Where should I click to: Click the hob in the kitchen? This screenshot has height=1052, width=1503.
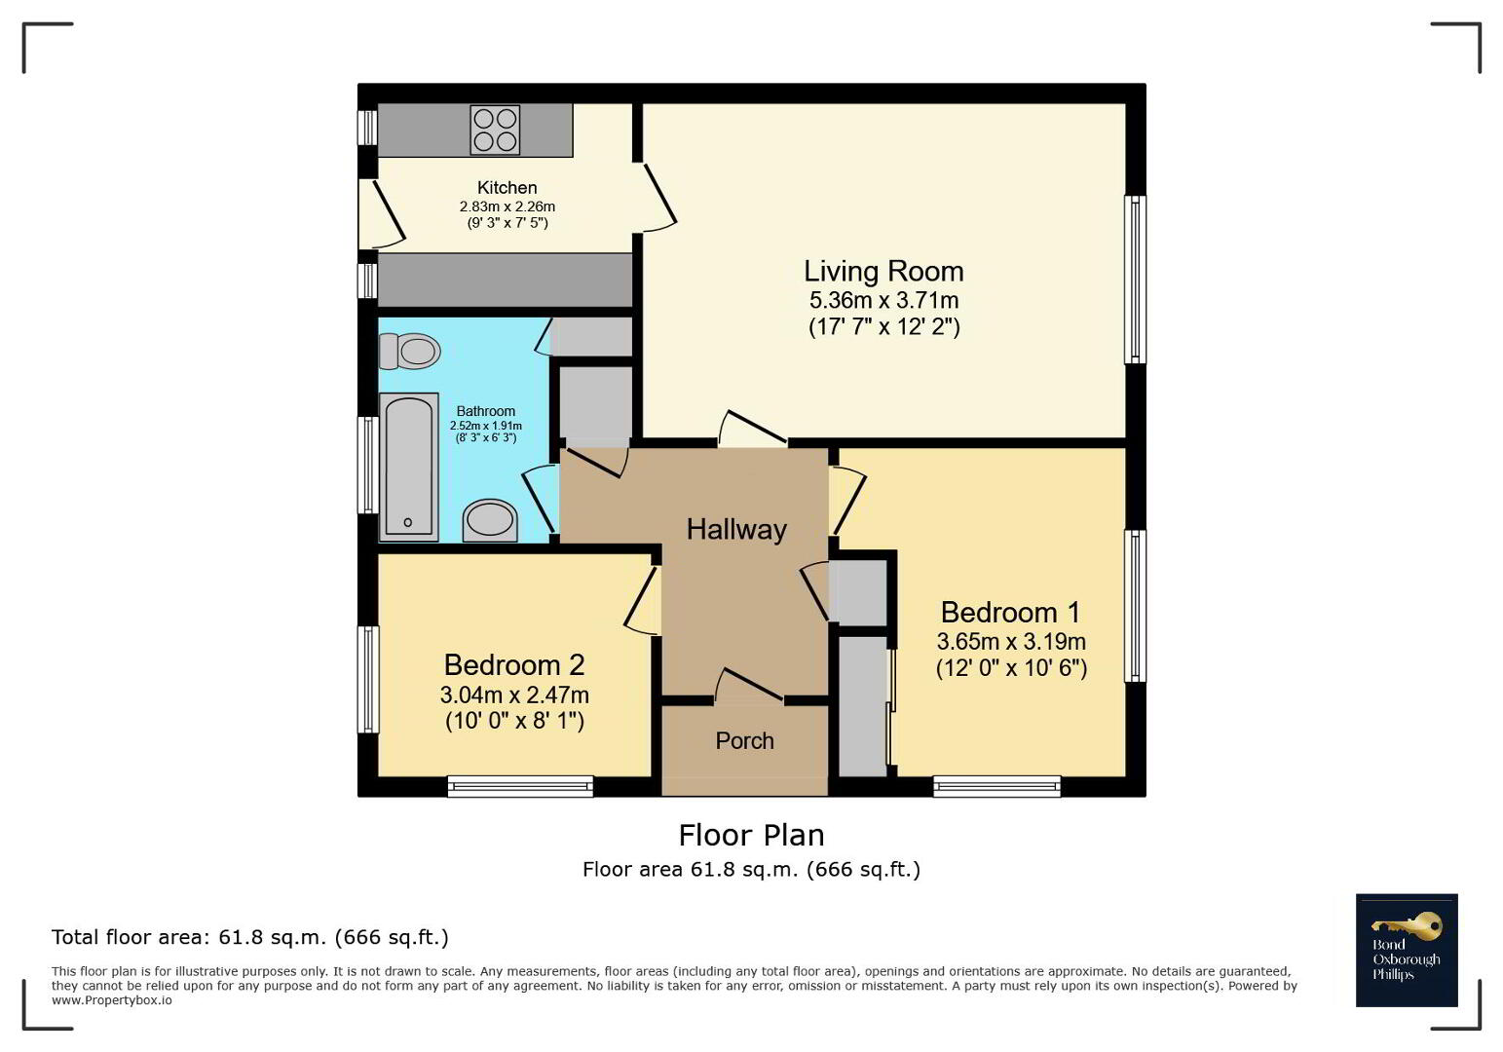point(495,131)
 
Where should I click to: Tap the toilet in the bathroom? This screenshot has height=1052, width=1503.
point(409,351)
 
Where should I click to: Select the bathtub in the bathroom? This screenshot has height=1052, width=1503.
point(409,467)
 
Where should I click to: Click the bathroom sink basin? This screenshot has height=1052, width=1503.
point(490,520)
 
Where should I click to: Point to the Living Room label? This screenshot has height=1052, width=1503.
point(883,272)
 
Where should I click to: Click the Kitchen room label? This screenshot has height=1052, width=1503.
point(507,188)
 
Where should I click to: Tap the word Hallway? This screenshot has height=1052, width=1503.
point(736,530)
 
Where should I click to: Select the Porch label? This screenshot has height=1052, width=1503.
point(745,740)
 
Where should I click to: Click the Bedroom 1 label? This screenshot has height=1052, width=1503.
point(1010,613)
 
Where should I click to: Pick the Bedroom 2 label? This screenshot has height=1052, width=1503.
point(514,665)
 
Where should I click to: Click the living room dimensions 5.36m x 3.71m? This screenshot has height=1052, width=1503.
point(883,300)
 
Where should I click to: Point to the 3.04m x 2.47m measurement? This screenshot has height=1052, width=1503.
point(514,695)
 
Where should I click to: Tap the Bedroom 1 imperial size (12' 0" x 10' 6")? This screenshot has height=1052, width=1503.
point(1011,668)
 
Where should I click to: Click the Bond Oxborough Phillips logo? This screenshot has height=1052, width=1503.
point(1407,950)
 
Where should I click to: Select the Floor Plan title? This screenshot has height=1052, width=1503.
point(752,836)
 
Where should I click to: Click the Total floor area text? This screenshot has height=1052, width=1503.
point(249,937)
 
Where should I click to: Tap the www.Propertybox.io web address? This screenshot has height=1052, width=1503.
point(112,1000)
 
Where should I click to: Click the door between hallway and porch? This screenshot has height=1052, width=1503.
point(749,686)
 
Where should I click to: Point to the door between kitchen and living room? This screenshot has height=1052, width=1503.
point(658,197)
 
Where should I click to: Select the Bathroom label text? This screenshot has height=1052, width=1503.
point(486,411)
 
